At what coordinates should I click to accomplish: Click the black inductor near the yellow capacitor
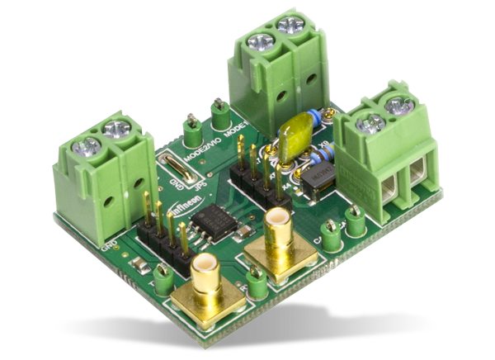pyautogui.click(x=314, y=182)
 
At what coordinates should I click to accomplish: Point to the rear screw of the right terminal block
pyautogui.click(x=399, y=105)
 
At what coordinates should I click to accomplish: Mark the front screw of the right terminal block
pyautogui.click(x=371, y=124)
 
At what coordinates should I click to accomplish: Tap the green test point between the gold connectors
pyautogui.click(x=257, y=285)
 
